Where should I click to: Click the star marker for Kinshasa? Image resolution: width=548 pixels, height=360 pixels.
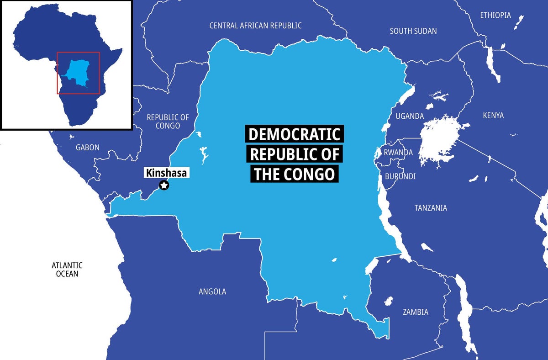[164, 185]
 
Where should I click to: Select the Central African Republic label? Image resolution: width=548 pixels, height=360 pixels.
[255, 26]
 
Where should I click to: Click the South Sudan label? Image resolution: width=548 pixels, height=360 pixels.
[413, 31]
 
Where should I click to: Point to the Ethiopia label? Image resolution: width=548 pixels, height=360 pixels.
[495, 15]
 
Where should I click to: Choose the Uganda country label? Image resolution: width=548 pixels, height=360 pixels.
[410, 116]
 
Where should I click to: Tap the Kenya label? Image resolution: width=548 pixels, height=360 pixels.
[493, 116]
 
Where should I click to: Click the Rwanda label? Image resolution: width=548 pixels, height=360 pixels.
[398, 152]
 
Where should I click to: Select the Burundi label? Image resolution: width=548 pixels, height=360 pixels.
[400, 176]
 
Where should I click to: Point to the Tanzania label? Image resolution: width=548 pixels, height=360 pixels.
[431, 208]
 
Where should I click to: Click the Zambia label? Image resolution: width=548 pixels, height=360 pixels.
[415, 312]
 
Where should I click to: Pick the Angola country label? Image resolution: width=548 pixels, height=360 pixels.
[212, 291]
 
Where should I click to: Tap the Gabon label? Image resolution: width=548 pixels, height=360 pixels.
[87, 147]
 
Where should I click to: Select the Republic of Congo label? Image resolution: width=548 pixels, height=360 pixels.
[168, 122]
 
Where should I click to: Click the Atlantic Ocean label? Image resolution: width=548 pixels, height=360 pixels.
[67, 269]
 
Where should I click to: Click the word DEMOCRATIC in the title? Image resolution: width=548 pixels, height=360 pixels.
[295, 134]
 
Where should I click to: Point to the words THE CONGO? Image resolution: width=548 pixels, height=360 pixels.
[295, 174]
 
